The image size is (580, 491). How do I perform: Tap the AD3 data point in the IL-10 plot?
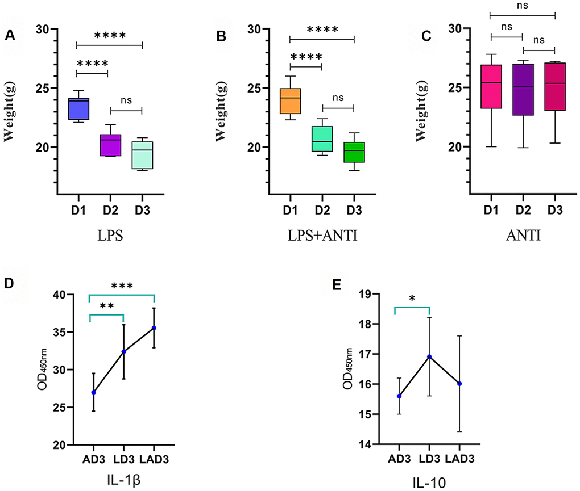coord(399,396)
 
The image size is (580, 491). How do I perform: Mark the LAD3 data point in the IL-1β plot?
coord(154,328)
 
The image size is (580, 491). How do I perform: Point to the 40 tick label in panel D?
coord(68,295)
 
